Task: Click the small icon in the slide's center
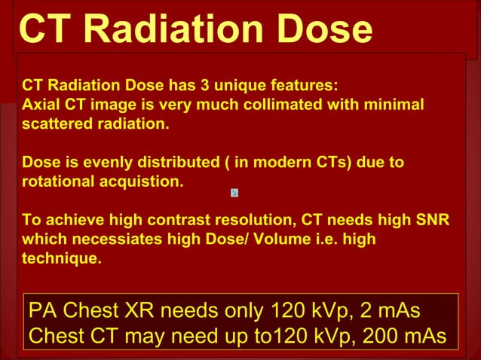point(234,193)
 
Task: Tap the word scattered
point(55,124)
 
